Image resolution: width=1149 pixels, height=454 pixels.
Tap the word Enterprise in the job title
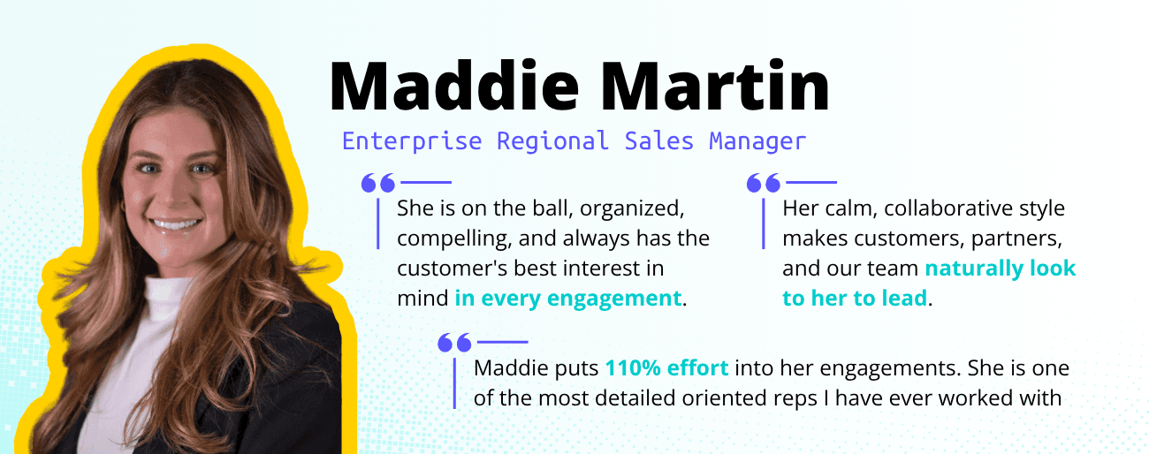412,140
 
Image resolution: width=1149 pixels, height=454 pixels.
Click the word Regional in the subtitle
552,140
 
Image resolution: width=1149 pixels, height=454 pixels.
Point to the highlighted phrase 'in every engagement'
568,299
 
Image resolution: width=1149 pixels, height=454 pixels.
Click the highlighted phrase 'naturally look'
1001,269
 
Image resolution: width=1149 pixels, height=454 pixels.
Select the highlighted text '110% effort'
666,368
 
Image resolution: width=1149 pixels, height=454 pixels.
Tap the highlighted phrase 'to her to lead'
855,299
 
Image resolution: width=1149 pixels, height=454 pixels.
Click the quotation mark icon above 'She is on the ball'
377,183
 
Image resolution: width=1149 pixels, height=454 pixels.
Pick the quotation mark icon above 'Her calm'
763,183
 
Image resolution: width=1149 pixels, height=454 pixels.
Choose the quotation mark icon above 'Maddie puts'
453,342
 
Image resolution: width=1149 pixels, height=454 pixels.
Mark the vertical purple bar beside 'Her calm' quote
765,223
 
